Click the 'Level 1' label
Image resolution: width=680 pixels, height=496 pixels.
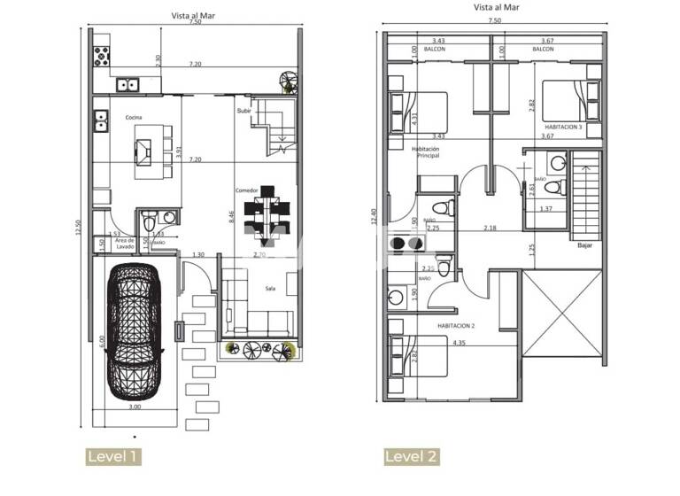pyautogui.click(x=112, y=457)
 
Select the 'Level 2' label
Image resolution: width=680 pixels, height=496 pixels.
pyautogui.click(x=412, y=457)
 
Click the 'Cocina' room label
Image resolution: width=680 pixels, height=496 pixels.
pyautogui.click(x=134, y=118)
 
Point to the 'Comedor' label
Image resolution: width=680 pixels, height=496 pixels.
pyautogui.click(x=246, y=190)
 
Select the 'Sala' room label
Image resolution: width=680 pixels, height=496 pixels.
pyautogui.click(x=271, y=288)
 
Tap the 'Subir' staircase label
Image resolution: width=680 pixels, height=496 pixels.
pyautogui.click(x=244, y=111)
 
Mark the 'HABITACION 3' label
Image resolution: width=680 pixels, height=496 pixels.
pyautogui.click(x=563, y=127)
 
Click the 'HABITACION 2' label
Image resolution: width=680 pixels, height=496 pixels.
pyautogui.click(x=455, y=326)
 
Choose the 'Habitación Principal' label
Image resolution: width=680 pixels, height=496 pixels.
pyautogui.click(x=426, y=153)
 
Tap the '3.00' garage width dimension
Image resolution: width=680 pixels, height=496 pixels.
pyautogui.click(x=134, y=407)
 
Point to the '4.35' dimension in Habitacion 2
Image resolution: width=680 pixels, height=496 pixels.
pyautogui.click(x=459, y=343)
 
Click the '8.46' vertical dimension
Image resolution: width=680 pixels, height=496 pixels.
pyautogui.click(x=231, y=214)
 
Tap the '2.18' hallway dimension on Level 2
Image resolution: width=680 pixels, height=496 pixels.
pyautogui.click(x=490, y=228)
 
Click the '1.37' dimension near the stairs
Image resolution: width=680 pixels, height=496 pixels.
pyautogui.click(x=545, y=208)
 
